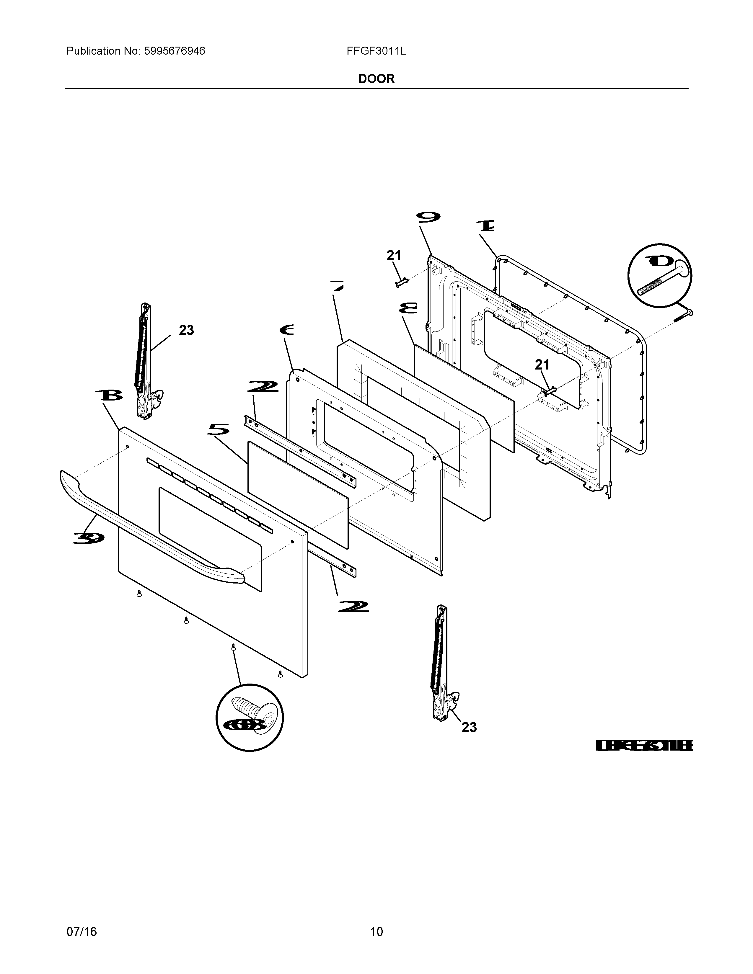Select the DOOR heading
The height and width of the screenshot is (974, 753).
376,79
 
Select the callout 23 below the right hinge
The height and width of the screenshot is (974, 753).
469,727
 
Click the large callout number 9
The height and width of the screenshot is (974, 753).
428,217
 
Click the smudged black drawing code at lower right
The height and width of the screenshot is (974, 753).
644,745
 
